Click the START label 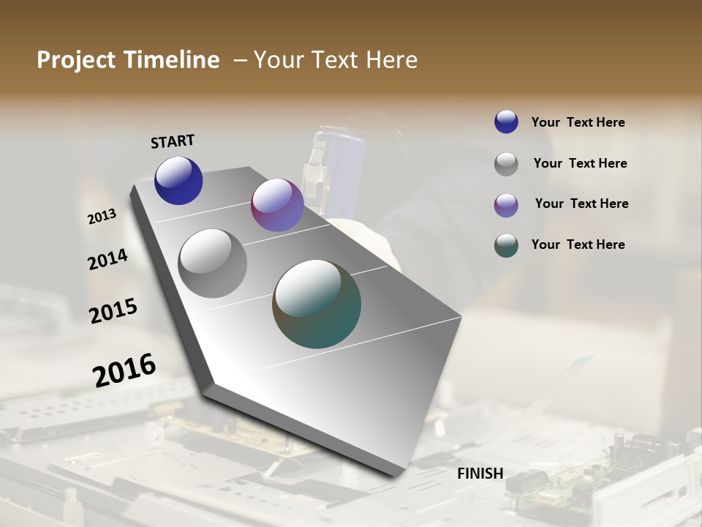(173, 141)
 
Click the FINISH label (480, 474)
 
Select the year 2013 (102, 217)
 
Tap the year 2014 (107, 260)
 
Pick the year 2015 (113, 311)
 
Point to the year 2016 (124, 370)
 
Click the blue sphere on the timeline (178, 180)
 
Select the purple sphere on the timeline (277, 205)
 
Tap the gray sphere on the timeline (213, 263)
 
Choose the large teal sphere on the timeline (317, 304)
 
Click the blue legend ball (506, 122)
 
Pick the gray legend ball (506, 163)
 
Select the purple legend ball (506, 204)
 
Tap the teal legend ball (506, 244)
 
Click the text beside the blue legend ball (578, 122)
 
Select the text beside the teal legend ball (578, 244)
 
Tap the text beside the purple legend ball (581, 203)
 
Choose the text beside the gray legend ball (580, 163)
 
